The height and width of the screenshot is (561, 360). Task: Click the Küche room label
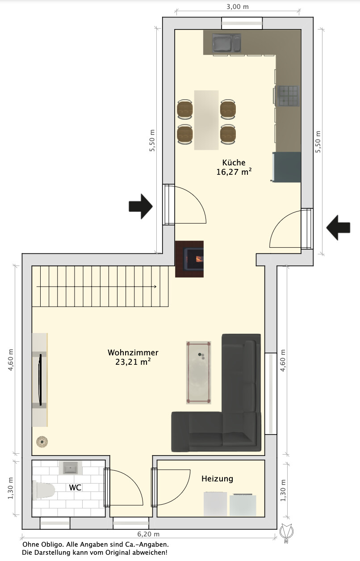point(234,163)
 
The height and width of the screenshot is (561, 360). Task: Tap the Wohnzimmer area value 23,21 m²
point(133,362)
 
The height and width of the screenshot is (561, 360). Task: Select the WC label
point(75,488)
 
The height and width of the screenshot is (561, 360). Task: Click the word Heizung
point(217,479)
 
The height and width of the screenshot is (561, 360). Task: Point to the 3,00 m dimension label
point(238,7)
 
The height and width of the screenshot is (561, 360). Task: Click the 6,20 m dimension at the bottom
point(148,534)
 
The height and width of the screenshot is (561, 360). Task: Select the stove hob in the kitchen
point(289,96)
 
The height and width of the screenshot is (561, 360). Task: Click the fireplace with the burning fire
point(189,259)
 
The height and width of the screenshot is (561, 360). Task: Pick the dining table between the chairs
point(206,120)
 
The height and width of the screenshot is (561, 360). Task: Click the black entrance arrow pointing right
point(141,207)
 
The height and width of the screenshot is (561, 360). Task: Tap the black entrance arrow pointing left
point(338,228)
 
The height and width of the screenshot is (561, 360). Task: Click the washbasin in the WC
point(70,468)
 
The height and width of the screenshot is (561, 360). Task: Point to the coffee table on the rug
point(198,373)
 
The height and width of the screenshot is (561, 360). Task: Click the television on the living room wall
point(40,380)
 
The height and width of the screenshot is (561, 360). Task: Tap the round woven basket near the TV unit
point(42,442)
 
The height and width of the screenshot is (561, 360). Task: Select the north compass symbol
point(286,532)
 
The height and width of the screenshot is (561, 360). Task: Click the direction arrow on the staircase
point(96,287)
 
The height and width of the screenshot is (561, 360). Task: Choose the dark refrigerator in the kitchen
point(287,167)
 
